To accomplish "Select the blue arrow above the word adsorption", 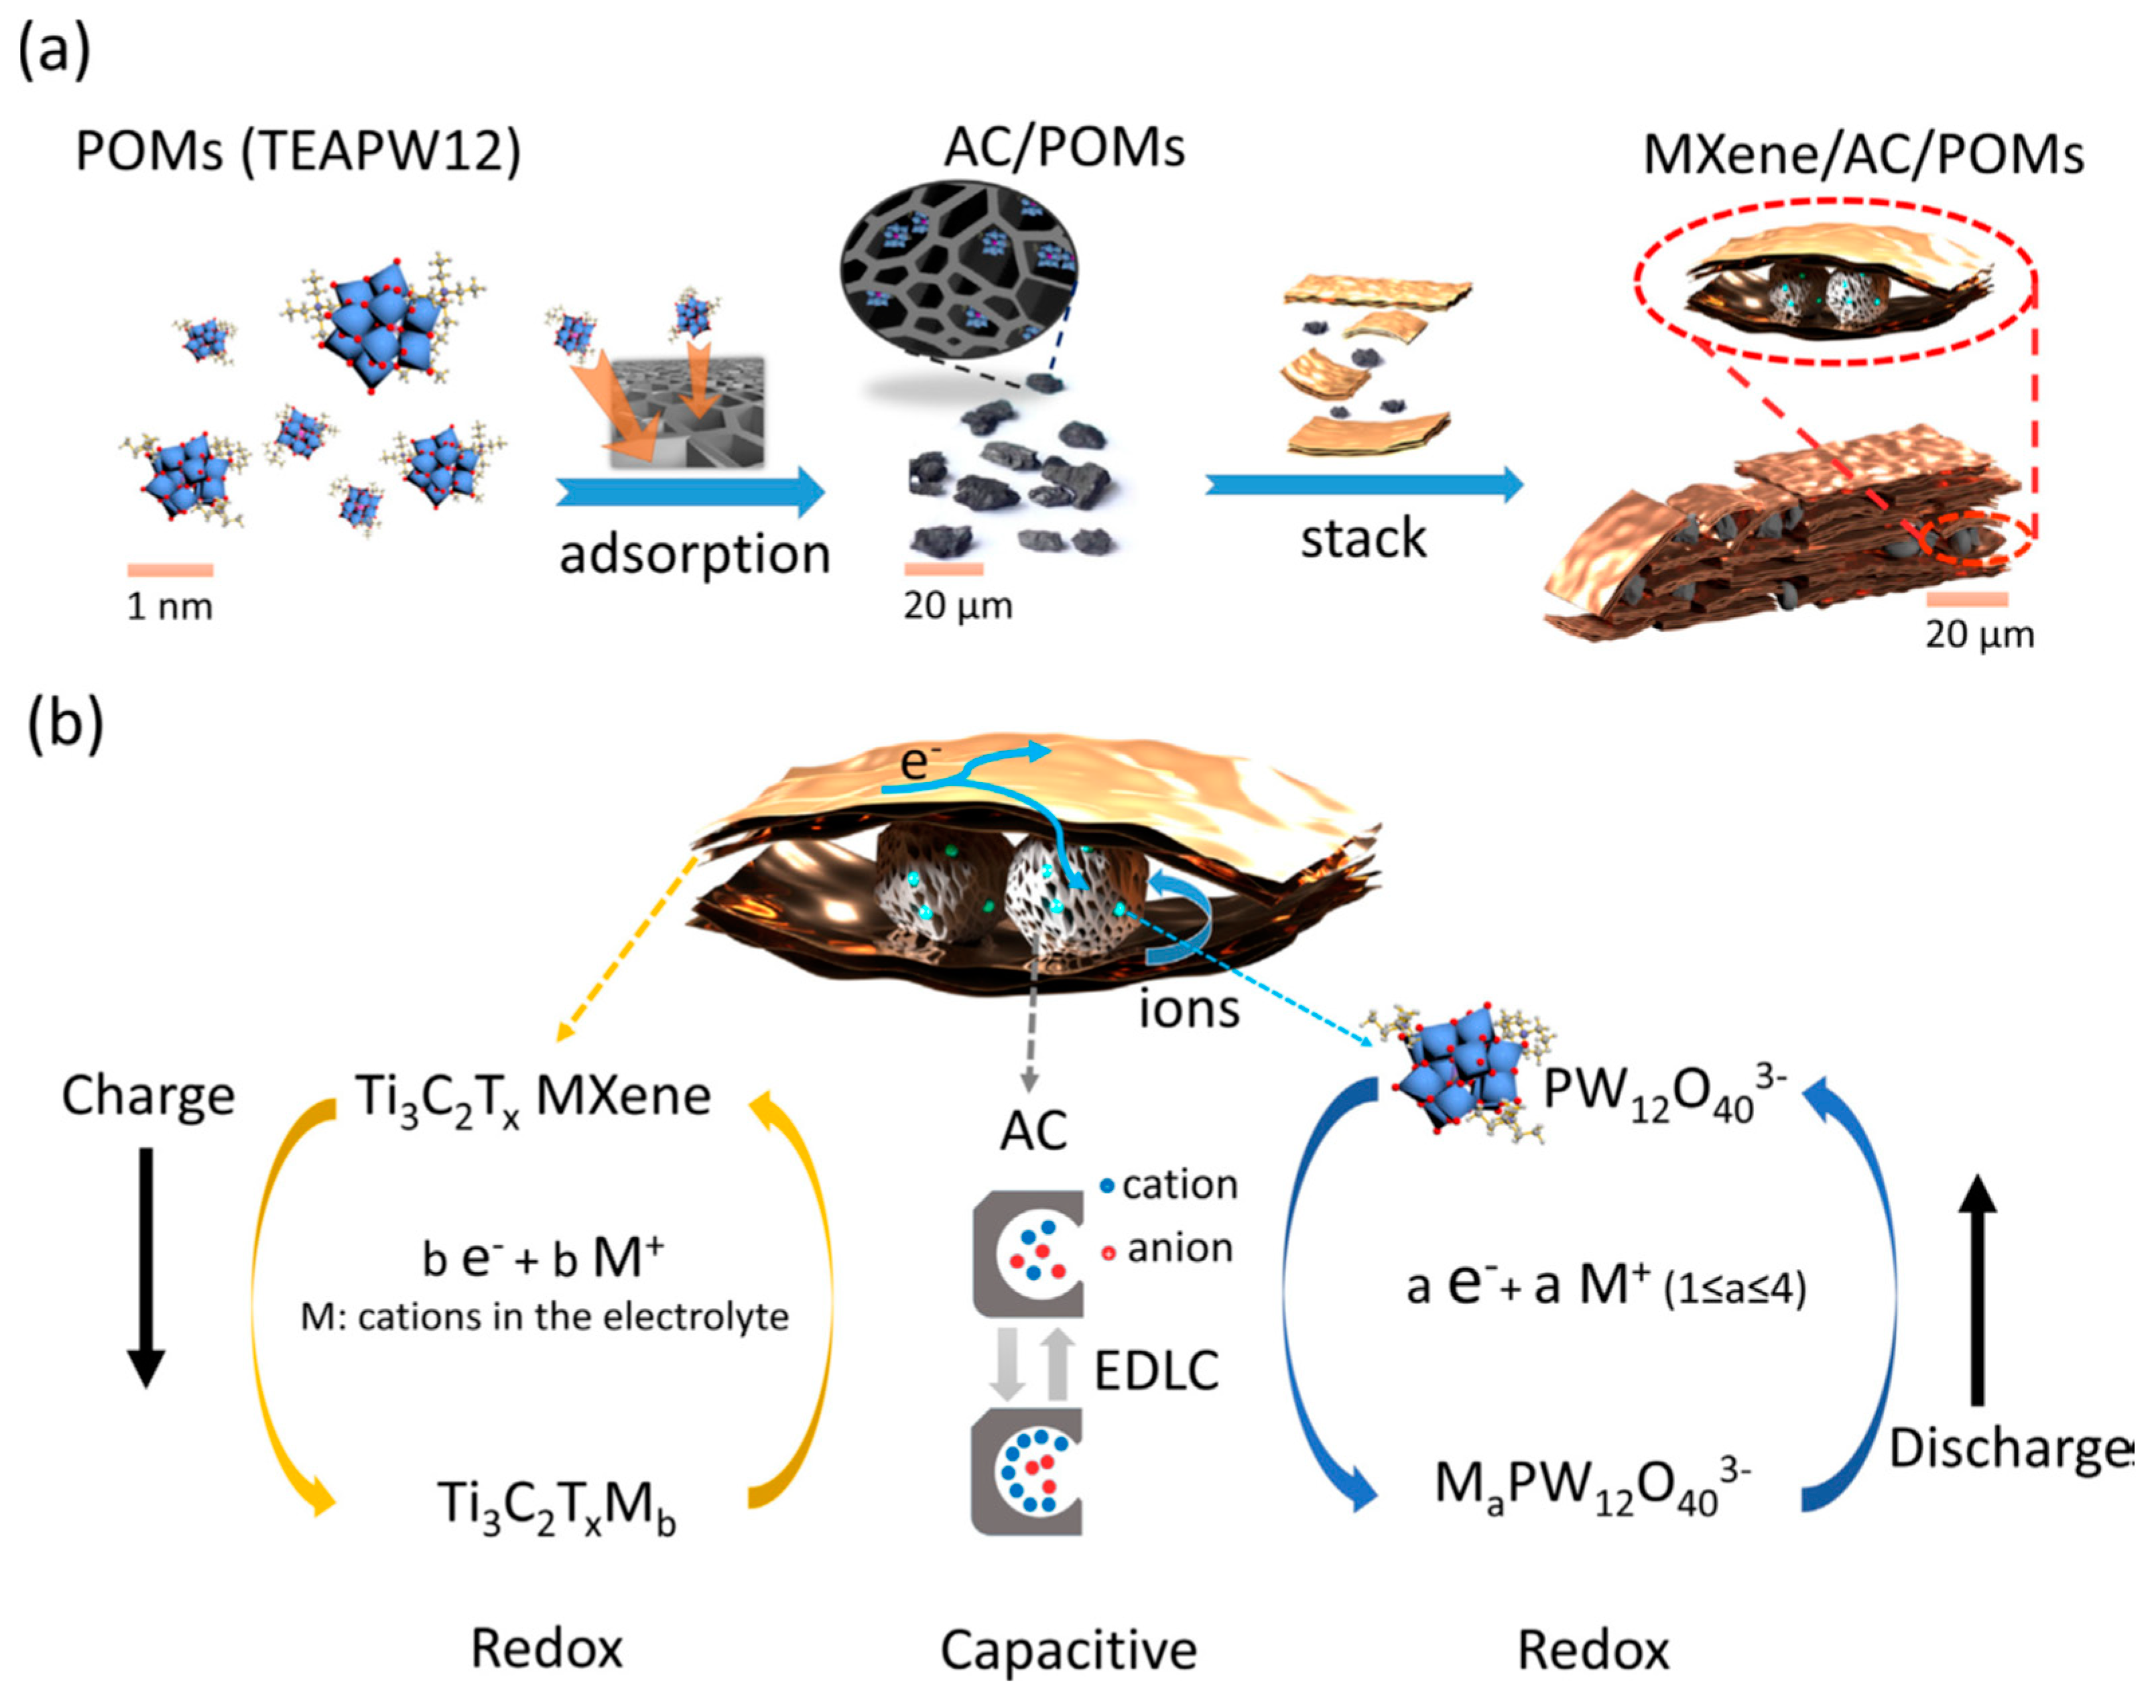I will tap(690, 492).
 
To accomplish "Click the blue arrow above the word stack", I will tap(1363, 484).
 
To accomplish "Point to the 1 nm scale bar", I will tap(170, 570).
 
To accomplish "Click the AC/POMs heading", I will tap(1064, 147).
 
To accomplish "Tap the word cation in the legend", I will tap(1180, 1185).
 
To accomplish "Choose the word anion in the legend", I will tap(1180, 1248).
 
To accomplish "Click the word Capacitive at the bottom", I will tap(1069, 1650).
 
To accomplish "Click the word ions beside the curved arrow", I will tap(1190, 1009).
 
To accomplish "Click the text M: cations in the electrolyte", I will tap(545, 1317).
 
